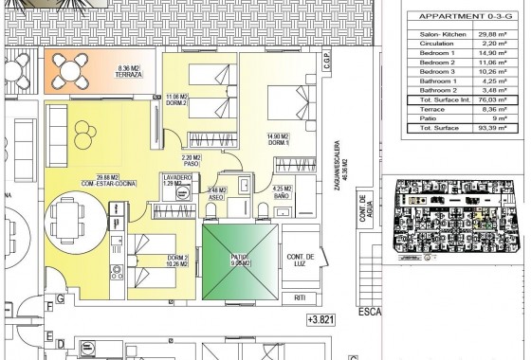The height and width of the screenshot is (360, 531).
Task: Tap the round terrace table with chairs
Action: point(70,69)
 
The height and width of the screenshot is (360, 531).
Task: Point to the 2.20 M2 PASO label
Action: point(192,160)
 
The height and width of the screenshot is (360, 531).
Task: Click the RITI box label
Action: point(301,298)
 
